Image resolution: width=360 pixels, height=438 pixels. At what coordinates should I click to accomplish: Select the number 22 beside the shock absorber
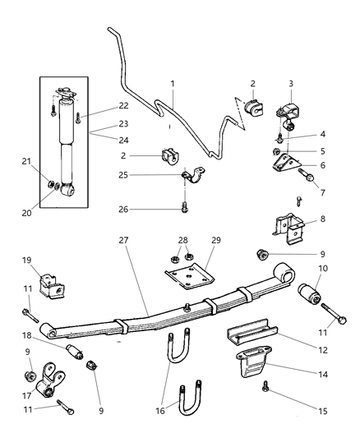pos(101,104)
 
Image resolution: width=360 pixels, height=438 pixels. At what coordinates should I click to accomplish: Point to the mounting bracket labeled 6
pos(287,164)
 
